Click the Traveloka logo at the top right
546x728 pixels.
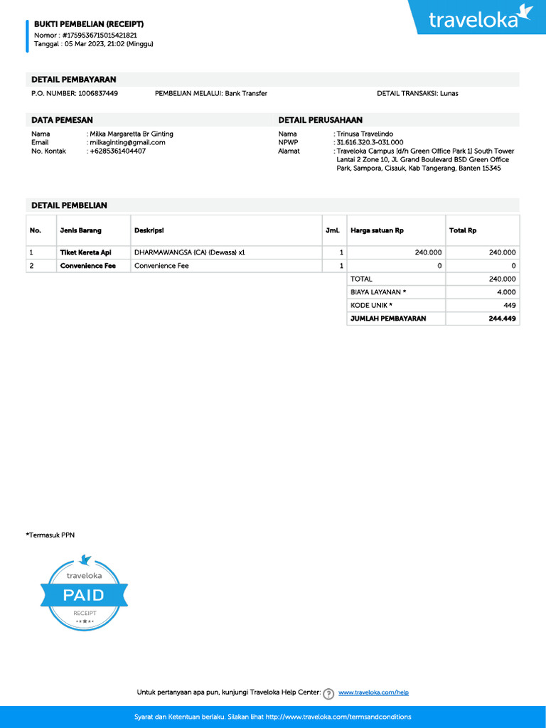tap(481, 18)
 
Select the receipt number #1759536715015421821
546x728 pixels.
tap(100, 35)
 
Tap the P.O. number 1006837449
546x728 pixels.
tap(98, 93)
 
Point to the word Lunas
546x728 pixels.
tap(449, 93)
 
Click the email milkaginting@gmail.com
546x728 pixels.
tap(127, 142)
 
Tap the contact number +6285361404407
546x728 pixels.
tap(117, 151)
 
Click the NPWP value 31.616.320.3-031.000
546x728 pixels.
tap(370, 142)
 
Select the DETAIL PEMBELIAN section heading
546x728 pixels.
tap(69, 205)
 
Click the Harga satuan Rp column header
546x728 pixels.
tap(377, 230)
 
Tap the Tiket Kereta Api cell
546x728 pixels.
tap(85, 252)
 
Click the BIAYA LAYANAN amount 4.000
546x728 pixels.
tap(506, 292)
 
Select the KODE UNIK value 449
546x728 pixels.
tap(509, 305)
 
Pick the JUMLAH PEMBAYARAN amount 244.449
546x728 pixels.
tap(502, 318)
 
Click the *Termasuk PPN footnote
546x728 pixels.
tap(50, 535)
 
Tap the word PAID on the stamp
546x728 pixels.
tap(84, 595)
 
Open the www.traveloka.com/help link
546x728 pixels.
tap(373, 692)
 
